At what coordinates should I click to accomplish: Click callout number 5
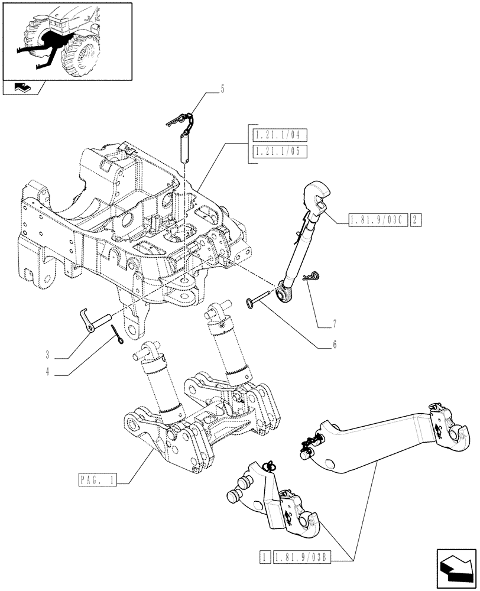[x=222, y=90]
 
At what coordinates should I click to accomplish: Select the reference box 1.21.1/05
[x=275, y=151]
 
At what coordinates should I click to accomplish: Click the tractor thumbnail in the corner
[x=66, y=40]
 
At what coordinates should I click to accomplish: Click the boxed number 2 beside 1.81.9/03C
[x=416, y=221]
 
